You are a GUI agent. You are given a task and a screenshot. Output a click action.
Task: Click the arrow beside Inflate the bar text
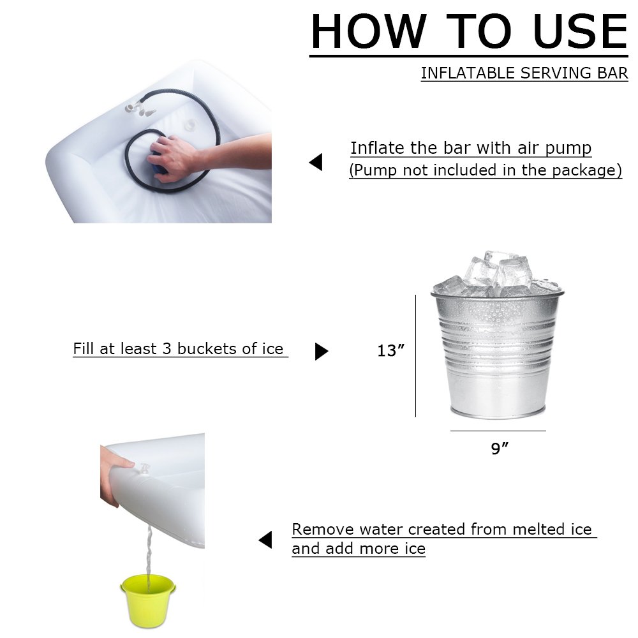(x=316, y=163)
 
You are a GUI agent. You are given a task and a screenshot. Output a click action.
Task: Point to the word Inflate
(x=378, y=148)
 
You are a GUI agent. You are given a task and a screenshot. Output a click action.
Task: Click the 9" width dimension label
(x=500, y=449)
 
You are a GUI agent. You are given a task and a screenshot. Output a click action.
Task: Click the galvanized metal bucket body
(x=497, y=357)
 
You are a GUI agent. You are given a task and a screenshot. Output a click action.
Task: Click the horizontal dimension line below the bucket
(x=498, y=431)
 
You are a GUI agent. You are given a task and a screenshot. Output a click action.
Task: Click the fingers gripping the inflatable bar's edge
(x=115, y=472)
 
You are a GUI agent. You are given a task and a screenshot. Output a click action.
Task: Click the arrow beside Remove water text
(x=265, y=540)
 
